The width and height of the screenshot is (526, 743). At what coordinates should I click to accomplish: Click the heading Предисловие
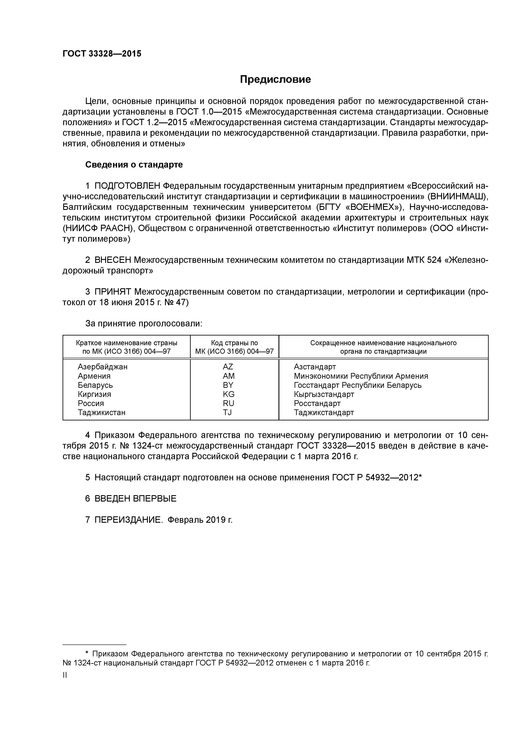coord(275,79)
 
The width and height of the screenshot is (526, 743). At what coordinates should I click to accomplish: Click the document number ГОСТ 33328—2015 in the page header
coord(102,54)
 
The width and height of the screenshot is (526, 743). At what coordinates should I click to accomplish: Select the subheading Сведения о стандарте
coord(134,165)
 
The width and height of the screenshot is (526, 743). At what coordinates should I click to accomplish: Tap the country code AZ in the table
coord(228,367)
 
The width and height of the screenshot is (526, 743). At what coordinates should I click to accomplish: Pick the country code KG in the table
coord(228,394)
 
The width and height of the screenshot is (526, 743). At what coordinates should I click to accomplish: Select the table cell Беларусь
coord(95,385)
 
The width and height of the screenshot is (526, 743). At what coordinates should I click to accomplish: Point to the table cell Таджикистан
coord(101,413)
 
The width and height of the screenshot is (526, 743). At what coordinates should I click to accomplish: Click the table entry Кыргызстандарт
coord(324,394)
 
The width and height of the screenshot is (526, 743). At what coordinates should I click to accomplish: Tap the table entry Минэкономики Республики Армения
coord(361,376)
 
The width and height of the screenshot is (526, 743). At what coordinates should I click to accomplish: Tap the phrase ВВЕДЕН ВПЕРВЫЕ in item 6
coord(136,499)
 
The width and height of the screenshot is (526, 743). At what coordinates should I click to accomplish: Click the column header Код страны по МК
coord(234,347)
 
